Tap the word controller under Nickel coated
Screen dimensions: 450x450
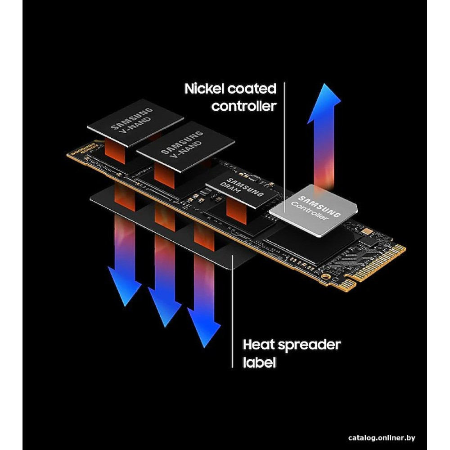243,107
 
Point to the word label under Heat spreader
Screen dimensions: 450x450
259,363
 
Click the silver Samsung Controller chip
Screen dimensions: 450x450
314,209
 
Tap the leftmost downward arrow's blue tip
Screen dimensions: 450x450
124,288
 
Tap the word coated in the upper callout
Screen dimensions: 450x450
251,89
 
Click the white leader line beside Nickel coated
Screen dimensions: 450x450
285,135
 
